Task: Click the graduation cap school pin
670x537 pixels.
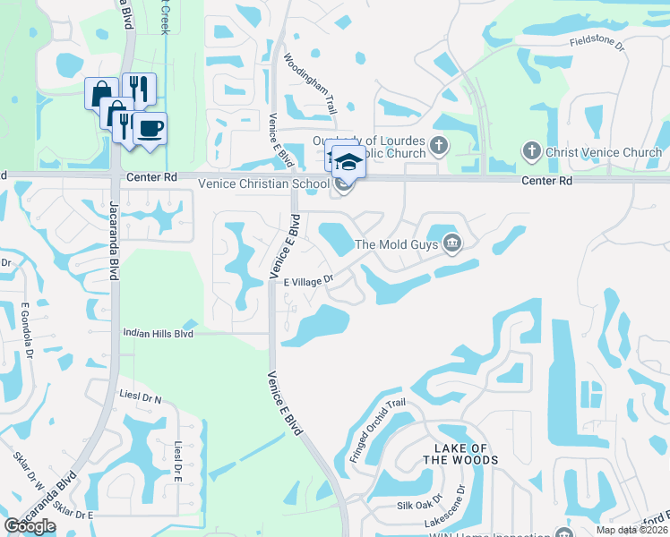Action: coord(348,161)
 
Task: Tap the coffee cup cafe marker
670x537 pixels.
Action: coord(150,128)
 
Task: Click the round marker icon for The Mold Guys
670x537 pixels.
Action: coord(452,243)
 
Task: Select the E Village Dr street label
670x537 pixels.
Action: coord(308,281)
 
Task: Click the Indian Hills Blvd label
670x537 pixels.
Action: coord(159,333)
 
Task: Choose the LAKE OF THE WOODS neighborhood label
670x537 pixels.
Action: coord(454,454)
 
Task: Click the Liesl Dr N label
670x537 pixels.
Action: coord(140,397)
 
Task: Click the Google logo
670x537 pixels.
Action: coord(30,526)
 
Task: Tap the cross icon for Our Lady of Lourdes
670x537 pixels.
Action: coord(439,144)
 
